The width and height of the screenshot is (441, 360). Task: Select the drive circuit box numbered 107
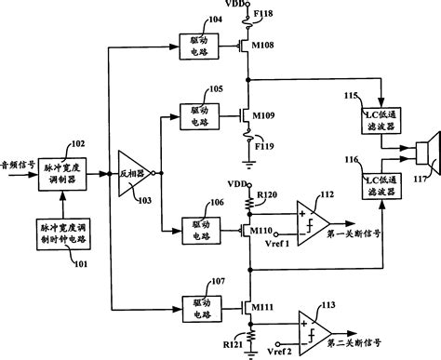(x=197, y=304)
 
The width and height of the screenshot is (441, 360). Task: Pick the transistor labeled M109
(x=246, y=116)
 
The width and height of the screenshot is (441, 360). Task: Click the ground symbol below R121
(x=248, y=354)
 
